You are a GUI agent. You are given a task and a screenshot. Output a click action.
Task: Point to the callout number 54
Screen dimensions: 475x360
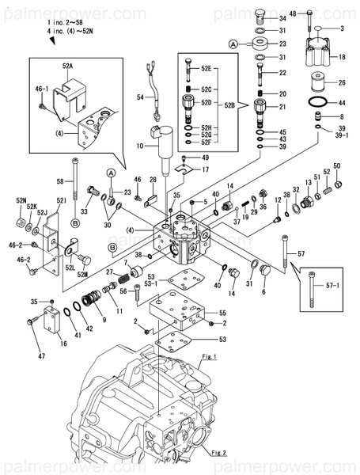click(x=141, y=97)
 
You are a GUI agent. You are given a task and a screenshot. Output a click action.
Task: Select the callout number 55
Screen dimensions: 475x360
click(x=222, y=313)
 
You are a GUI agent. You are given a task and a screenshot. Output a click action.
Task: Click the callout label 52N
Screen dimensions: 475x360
click(x=20, y=201)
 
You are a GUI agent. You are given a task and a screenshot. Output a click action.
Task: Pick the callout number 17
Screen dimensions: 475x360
click(x=204, y=169)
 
